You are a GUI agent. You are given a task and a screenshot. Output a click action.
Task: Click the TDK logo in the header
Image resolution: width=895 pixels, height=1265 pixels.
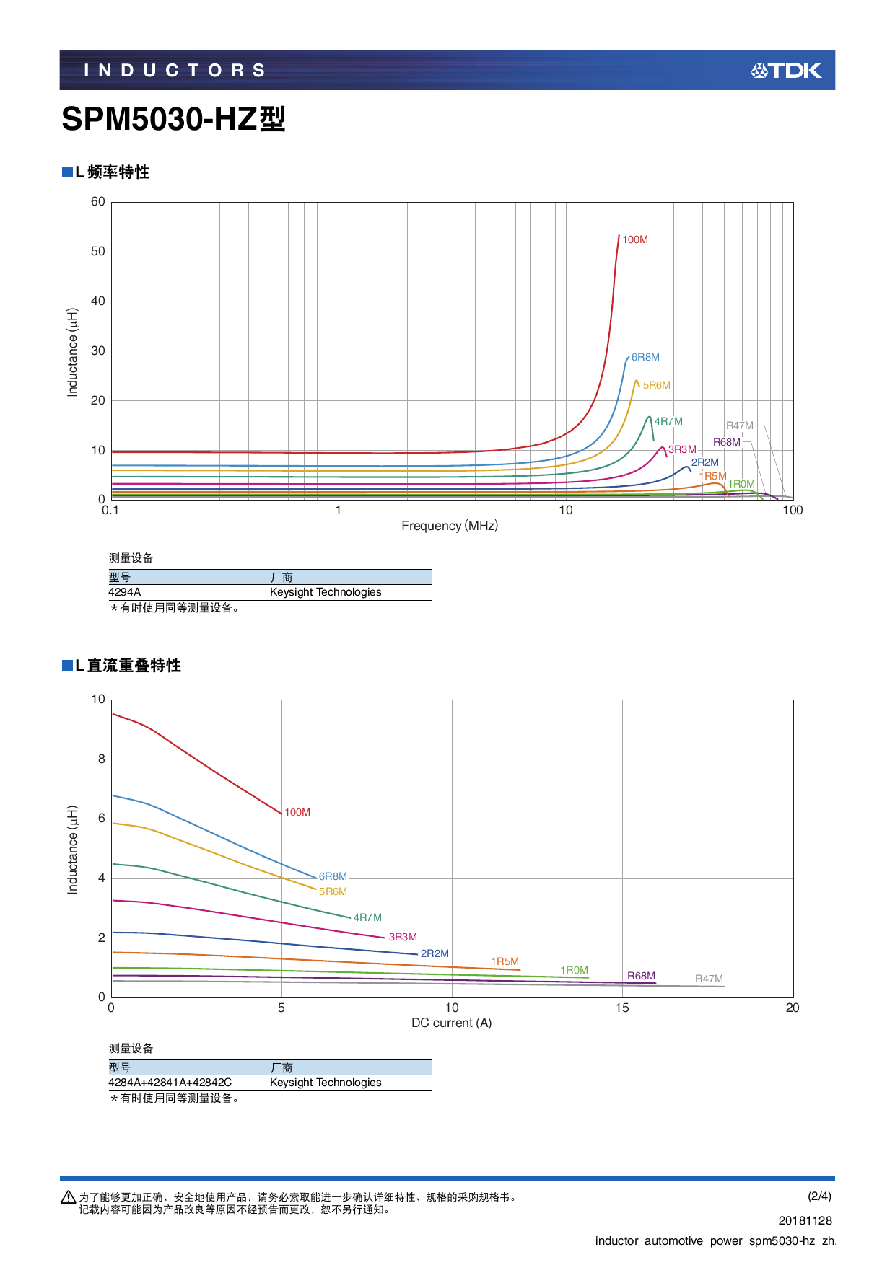tap(786, 71)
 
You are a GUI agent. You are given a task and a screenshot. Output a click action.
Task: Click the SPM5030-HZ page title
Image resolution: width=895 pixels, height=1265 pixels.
tap(173, 119)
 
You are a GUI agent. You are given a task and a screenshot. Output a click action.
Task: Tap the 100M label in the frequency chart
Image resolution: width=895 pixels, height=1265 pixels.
tap(635, 239)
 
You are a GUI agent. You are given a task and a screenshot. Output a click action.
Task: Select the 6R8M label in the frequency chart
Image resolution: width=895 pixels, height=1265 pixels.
tap(645, 357)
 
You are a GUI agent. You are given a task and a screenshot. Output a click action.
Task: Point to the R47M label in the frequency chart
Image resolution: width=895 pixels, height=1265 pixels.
tap(739, 426)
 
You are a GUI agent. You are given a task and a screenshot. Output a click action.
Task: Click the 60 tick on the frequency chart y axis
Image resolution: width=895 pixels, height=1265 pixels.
tap(98, 202)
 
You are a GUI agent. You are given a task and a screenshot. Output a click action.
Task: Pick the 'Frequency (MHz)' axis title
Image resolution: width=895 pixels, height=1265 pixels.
tap(450, 526)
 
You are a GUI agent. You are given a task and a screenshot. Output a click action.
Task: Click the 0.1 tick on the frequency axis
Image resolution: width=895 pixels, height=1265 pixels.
tap(110, 511)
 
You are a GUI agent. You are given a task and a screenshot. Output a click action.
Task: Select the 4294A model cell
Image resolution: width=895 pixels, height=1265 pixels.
tap(125, 592)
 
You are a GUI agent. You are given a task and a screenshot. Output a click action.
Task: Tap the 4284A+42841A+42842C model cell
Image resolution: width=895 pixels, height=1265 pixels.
tap(170, 1083)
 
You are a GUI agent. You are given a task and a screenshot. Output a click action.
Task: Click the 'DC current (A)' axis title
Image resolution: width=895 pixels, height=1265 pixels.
tap(451, 1023)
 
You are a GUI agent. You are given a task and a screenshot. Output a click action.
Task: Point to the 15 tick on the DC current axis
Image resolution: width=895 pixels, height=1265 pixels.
tap(622, 1008)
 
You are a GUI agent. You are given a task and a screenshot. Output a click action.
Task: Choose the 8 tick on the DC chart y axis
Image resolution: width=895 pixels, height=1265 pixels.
tap(102, 759)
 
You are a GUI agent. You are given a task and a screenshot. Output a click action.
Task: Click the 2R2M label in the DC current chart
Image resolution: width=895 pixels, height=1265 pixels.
tap(435, 953)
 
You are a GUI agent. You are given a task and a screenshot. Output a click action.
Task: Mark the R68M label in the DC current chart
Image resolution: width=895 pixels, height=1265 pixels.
tap(641, 976)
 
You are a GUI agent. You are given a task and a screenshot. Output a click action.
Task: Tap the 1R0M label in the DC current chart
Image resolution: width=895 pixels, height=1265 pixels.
tap(575, 970)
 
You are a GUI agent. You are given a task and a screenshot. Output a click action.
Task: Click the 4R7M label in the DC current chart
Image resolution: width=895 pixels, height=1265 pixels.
tap(367, 917)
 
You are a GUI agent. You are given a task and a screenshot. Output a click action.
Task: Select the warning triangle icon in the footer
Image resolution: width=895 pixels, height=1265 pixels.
tap(69, 1197)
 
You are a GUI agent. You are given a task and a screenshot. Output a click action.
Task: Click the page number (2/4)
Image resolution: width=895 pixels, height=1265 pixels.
tap(819, 1196)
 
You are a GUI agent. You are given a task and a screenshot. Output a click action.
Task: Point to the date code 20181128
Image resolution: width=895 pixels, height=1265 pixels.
tap(805, 1220)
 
